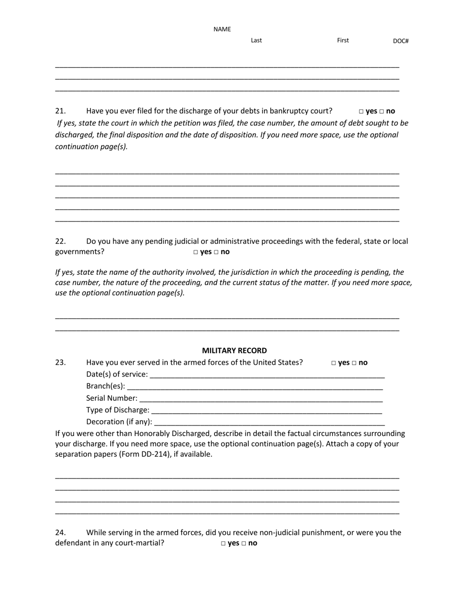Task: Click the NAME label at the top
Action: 222,29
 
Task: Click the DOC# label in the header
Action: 400,41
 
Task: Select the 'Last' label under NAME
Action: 256,41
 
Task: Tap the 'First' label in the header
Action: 343,41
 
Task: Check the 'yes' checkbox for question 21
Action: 361,112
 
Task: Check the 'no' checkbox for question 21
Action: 382,112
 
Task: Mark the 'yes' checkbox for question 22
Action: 196,252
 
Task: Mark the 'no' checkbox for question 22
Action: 216,252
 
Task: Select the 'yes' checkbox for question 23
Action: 334,363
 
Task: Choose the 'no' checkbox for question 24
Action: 244,543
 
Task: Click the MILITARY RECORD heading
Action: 234,350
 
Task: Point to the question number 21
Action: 60,111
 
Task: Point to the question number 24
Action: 60,532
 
